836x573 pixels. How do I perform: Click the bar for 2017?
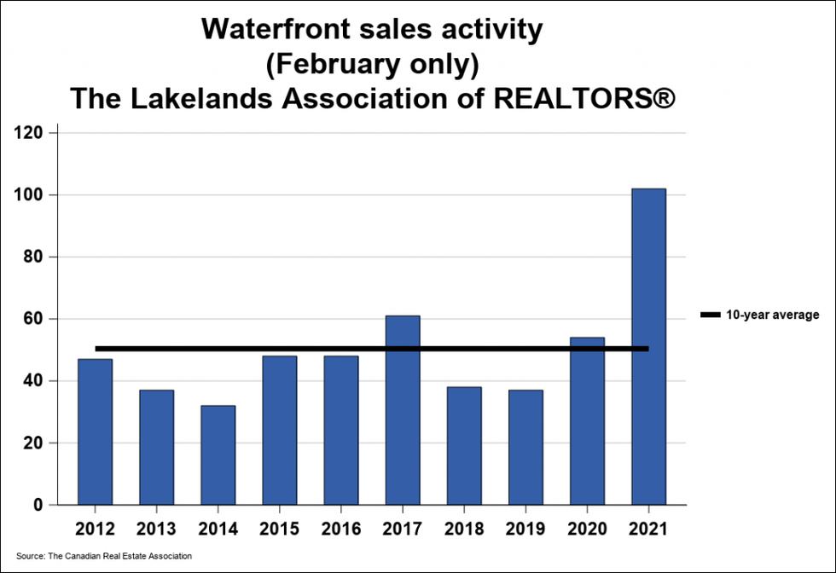click(x=403, y=410)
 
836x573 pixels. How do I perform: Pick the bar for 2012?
click(x=95, y=431)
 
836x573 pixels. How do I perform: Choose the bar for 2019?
click(x=525, y=447)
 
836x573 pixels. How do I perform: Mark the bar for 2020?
click(x=587, y=421)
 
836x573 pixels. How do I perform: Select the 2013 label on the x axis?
click(x=156, y=528)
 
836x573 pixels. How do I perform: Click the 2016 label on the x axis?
click(x=340, y=528)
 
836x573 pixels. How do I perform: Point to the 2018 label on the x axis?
click(x=464, y=528)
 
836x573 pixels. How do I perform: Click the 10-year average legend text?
click(x=772, y=315)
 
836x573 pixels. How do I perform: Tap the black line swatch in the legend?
click(x=710, y=315)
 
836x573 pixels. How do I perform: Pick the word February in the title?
click(x=344, y=63)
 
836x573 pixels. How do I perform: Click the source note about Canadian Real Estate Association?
click(x=103, y=556)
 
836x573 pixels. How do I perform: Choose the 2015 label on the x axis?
click(x=279, y=528)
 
